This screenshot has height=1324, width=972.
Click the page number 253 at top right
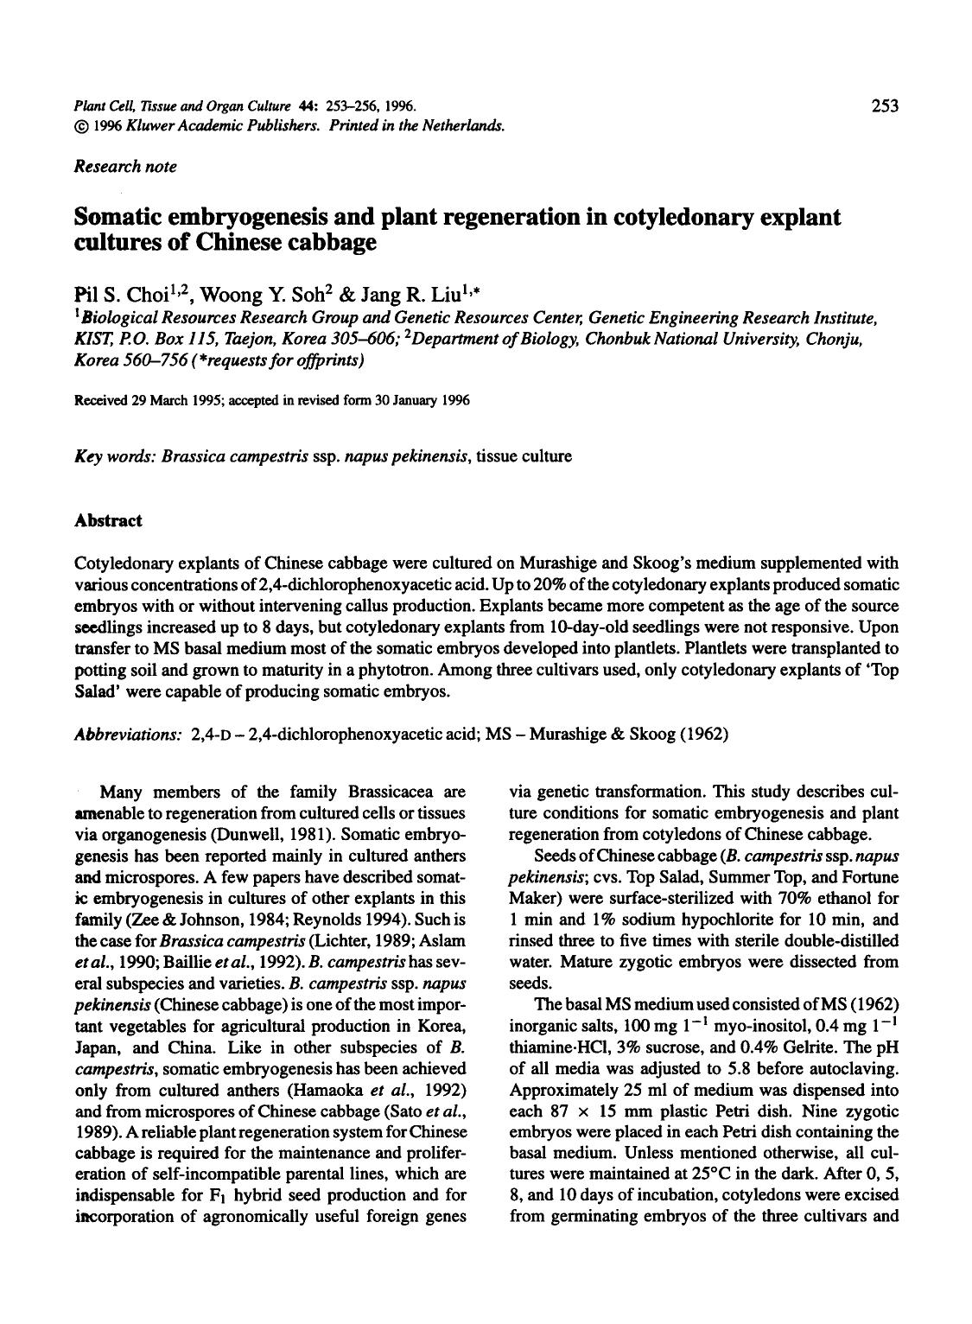point(885,105)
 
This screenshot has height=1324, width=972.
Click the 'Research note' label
point(126,167)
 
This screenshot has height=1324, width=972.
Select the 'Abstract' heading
point(108,520)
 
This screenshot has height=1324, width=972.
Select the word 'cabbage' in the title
point(334,242)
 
